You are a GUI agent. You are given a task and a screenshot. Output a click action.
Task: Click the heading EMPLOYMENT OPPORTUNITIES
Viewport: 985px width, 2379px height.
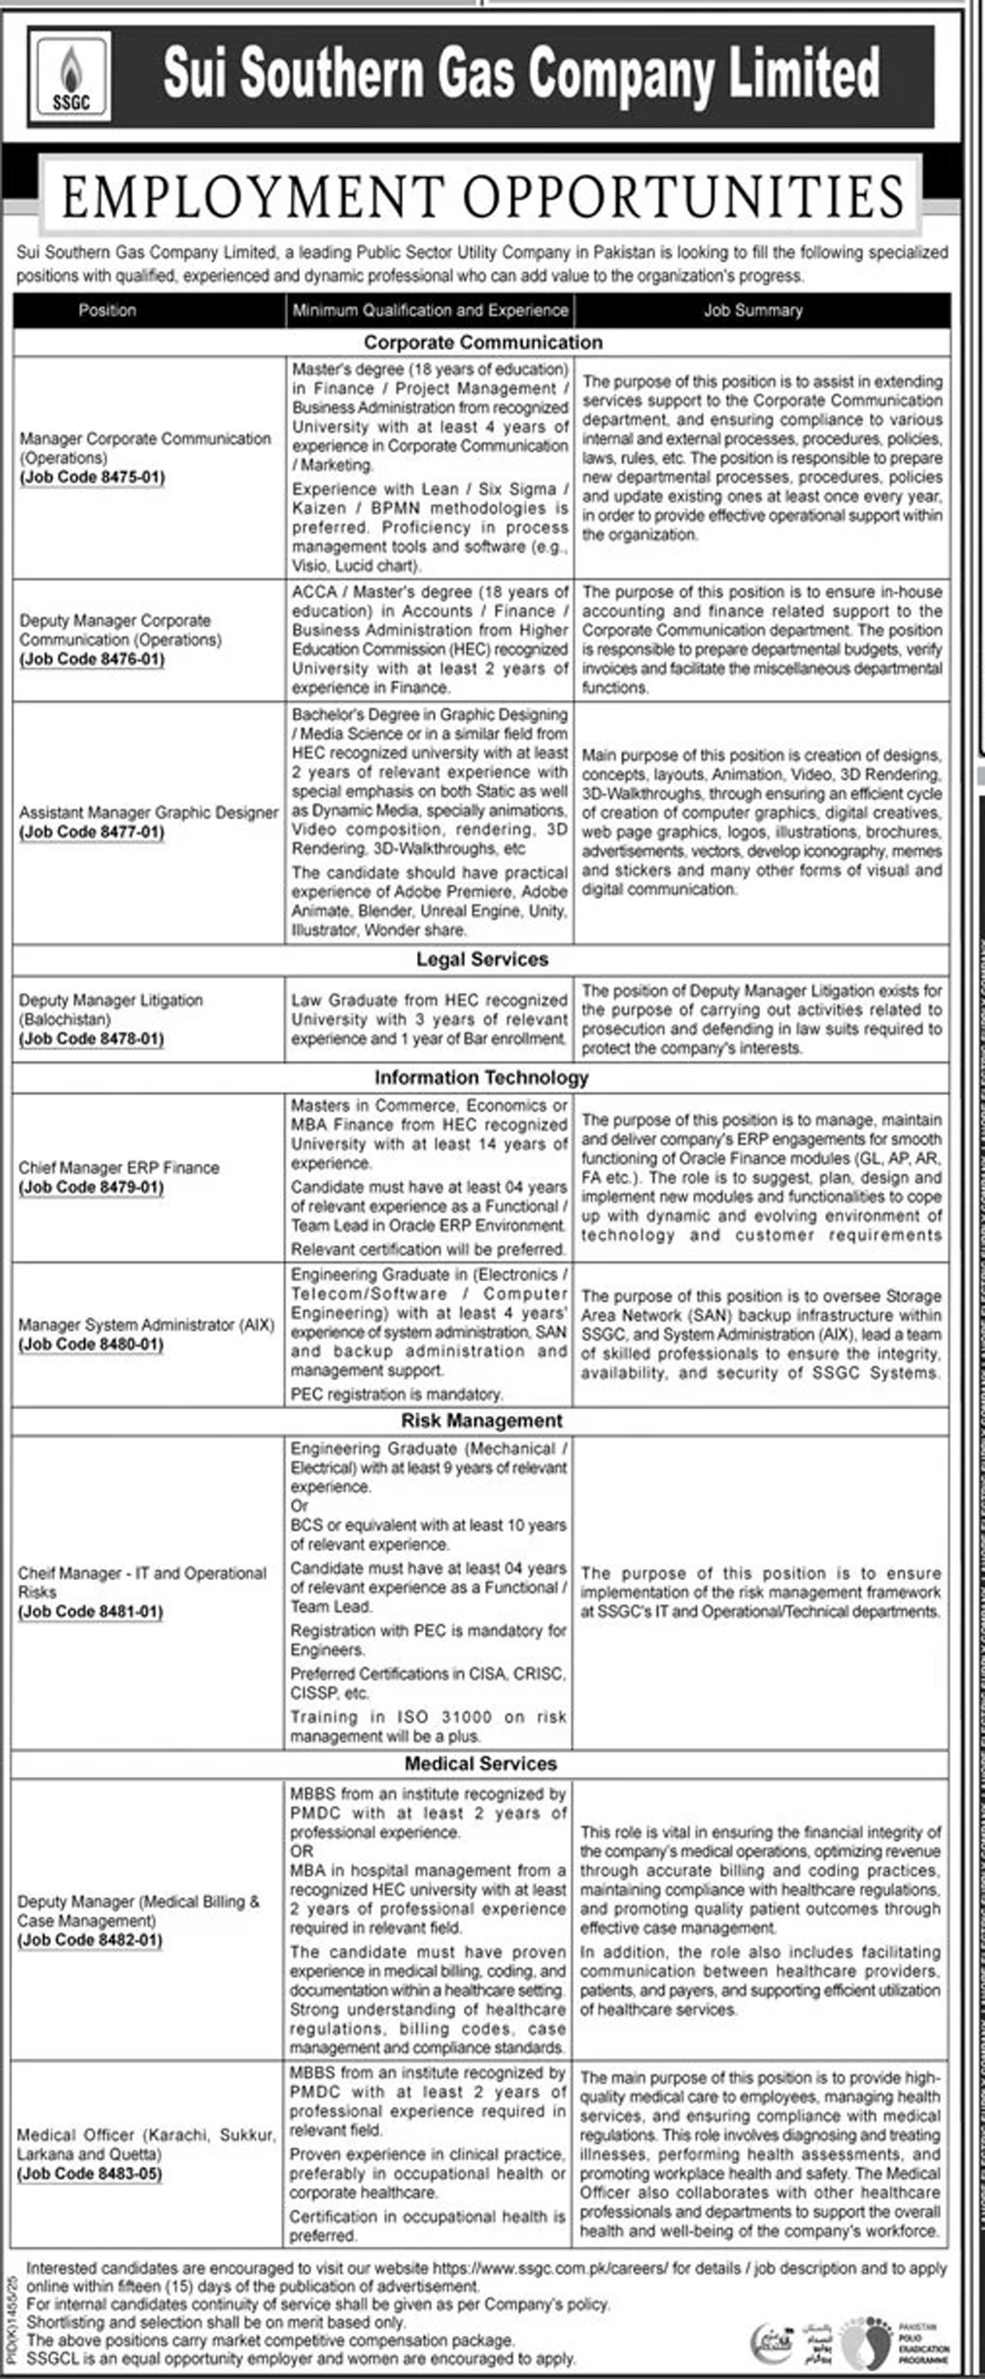tap(482, 197)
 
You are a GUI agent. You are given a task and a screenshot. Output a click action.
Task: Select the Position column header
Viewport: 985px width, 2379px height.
tap(107, 310)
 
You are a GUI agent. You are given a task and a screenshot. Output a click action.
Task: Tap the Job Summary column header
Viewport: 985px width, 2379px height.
tap(753, 310)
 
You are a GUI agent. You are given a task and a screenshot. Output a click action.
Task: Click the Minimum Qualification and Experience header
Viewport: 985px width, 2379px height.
tap(430, 310)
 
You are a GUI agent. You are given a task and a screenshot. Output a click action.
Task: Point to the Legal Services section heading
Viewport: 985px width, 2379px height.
tap(482, 959)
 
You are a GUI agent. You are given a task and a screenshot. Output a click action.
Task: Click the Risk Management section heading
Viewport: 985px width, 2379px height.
tap(482, 1421)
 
